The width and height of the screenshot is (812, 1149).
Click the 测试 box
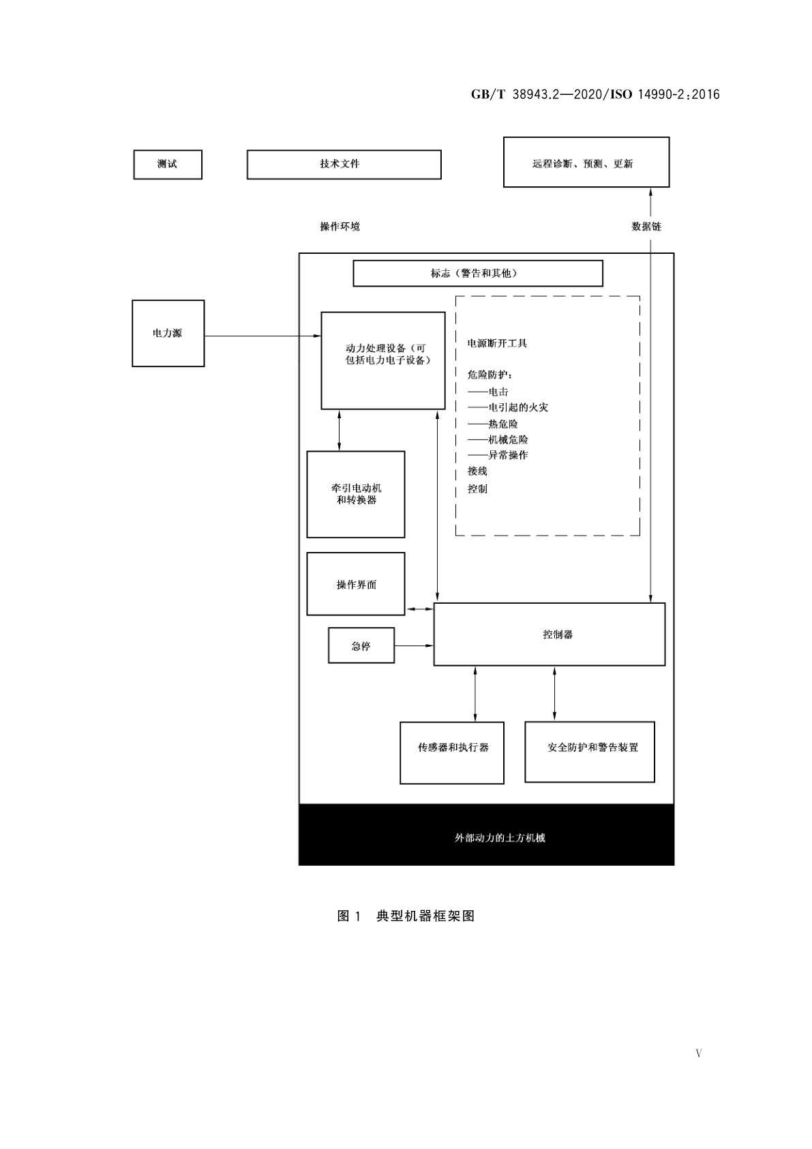[x=168, y=164]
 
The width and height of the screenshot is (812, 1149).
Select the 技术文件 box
[x=344, y=164]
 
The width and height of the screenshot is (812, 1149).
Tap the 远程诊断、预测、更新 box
[x=586, y=162]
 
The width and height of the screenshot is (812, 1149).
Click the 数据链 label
[x=646, y=227]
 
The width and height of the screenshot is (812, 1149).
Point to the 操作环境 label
[x=340, y=227]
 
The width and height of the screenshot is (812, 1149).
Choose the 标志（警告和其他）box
[x=477, y=273]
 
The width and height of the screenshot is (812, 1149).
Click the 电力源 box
[x=168, y=334]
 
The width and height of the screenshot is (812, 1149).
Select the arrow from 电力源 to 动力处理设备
[x=262, y=336]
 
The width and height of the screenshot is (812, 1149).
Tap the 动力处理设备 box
[x=382, y=360]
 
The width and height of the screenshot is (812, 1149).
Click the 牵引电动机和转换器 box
[x=355, y=494]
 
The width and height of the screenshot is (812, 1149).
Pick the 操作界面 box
[x=355, y=584]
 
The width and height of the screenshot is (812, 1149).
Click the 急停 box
[x=361, y=645]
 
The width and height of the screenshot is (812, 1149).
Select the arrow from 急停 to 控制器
[x=414, y=645]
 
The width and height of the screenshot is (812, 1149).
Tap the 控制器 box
[x=549, y=635]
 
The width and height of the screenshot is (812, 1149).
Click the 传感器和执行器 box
[x=451, y=753]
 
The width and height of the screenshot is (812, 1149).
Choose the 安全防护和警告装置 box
[x=589, y=752]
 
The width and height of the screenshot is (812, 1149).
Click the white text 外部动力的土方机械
[x=500, y=838]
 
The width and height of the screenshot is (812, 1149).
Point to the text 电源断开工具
[x=497, y=343]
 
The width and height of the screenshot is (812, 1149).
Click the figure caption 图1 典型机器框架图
[x=406, y=916]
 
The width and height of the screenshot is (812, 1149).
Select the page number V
[x=698, y=1053]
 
